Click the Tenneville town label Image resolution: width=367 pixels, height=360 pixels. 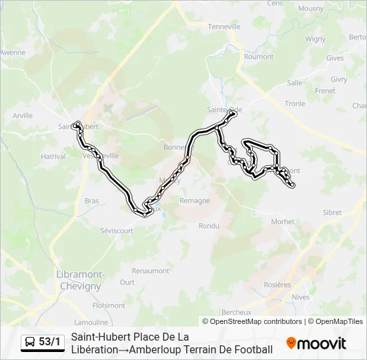[224, 27]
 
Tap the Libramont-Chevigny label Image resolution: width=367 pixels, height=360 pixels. [79, 280]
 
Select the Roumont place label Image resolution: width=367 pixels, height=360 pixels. [258, 57]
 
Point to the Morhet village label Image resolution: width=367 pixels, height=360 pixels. [282, 222]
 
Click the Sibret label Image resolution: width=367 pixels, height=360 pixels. [332, 213]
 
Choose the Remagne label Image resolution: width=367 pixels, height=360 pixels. [195, 200]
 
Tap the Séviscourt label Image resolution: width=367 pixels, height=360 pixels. [117, 230]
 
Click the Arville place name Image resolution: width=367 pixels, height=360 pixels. [22, 115]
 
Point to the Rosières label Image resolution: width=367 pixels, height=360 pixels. [278, 285]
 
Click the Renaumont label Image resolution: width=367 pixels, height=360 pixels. [150, 271]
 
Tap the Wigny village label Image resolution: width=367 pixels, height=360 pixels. [315, 39]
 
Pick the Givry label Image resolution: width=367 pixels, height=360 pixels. [338, 79]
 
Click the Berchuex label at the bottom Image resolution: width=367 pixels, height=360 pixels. [236, 312]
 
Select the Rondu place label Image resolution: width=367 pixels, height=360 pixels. [209, 225]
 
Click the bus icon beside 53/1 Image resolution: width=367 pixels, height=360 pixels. [31, 343]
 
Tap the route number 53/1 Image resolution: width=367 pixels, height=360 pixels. [49, 343]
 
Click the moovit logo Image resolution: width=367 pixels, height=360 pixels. [316, 343]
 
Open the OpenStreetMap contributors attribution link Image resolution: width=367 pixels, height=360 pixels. [256, 321]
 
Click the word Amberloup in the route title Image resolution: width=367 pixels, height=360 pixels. [155, 349]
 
